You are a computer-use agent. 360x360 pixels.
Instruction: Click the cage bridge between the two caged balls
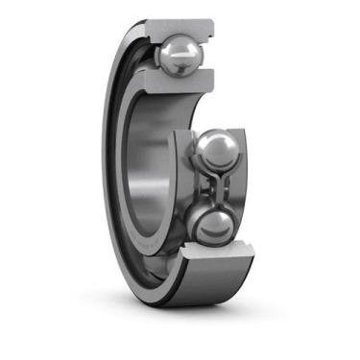(212, 190)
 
